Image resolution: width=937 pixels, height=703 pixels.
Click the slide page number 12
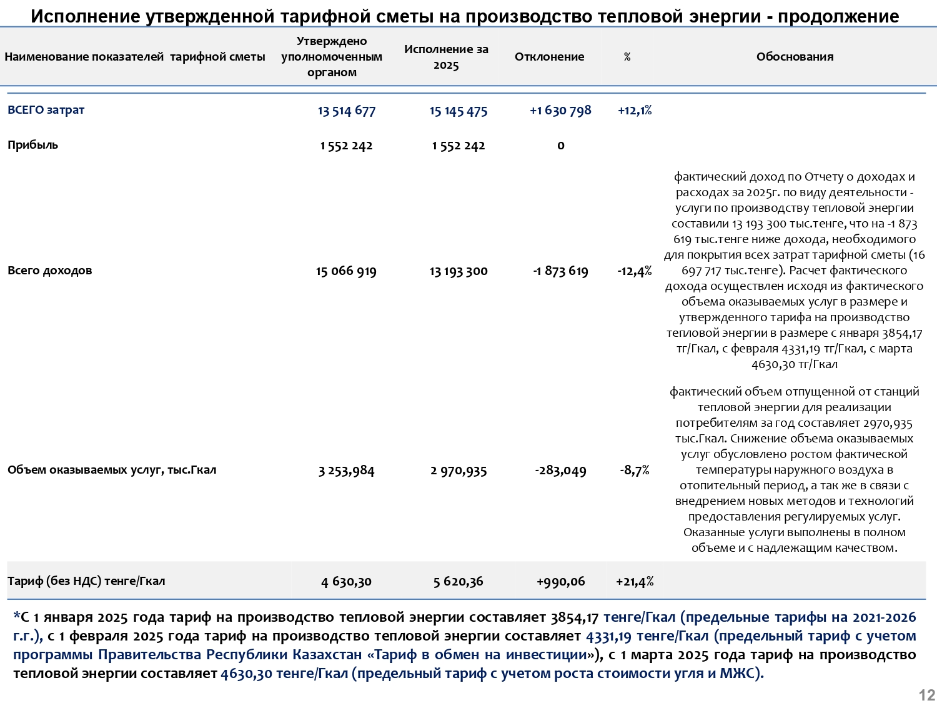pos(926,695)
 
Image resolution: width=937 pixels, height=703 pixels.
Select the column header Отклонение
pos(549,57)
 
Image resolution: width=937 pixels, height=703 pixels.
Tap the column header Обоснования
pos(795,57)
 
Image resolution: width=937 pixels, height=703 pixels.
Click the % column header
pos(627,57)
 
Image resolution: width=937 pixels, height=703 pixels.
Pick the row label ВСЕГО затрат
pos(46,110)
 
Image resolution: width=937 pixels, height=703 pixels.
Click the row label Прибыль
pos(32,145)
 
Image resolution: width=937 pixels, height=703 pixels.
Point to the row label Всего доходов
pos(49,271)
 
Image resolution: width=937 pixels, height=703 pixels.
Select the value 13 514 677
pos(346,111)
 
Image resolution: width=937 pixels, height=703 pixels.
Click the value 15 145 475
pos(458,111)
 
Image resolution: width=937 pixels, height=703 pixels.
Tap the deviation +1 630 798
pos(560,111)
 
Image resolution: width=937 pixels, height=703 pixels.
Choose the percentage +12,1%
pos(635,111)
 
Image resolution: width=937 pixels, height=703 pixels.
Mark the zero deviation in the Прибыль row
pos(560,146)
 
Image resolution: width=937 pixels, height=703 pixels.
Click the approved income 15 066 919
pos(346,271)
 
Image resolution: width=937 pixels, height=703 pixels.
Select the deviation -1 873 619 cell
pos(560,271)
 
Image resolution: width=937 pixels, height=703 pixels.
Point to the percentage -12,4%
pos(635,271)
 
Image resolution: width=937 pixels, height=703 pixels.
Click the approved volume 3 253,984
pos(346,471)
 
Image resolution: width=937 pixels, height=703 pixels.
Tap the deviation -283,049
pos(560,471)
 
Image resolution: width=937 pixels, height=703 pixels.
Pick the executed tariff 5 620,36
pos(458,582)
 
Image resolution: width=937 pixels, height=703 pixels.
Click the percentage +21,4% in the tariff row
pos(635,582)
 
